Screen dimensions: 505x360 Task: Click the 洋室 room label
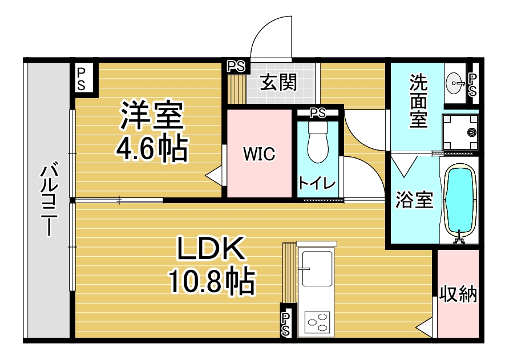point(152,115)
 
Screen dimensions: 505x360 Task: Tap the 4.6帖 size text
point(152,149)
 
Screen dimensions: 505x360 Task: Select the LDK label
point(211,248)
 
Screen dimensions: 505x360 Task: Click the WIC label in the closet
point(259,153)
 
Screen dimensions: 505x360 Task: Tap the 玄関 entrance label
point(278,82)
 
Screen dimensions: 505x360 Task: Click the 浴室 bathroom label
point(414,200)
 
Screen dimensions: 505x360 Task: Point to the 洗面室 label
point(418,101)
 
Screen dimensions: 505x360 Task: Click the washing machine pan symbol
point(460,132)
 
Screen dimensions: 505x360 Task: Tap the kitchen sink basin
point(316,268)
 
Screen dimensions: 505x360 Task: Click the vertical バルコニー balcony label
point(49,200)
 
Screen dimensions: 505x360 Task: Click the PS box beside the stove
point(286,324)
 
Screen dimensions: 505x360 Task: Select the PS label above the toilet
point(318,113)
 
